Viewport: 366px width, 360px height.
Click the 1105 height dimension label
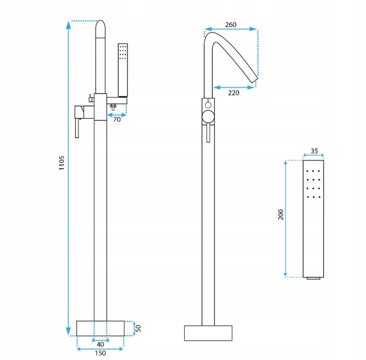[62, 163]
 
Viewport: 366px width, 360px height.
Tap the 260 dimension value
[231, 25]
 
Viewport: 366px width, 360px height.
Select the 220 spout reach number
[233, 93]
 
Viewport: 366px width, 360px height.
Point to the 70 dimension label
[117, 120]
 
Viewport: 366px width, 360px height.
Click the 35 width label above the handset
[314, 151]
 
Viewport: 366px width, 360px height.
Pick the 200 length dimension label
[281, 215]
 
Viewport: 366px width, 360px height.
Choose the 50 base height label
[139, 328]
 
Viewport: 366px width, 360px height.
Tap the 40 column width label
[100, 344]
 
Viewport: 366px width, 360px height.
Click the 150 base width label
[100, 353]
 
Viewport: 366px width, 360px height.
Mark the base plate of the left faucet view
[100, 328]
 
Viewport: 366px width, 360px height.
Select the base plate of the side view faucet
[208, 333]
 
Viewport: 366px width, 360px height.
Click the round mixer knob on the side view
[208, 116]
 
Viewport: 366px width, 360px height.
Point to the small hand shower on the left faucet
[123, 69]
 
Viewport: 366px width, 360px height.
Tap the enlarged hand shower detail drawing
[313, 218]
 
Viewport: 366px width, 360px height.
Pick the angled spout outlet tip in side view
[254, 79]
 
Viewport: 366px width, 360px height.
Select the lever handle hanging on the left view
[77, 129]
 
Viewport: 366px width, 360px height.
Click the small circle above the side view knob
[208, 104]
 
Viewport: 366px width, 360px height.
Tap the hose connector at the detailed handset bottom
[313, 278]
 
